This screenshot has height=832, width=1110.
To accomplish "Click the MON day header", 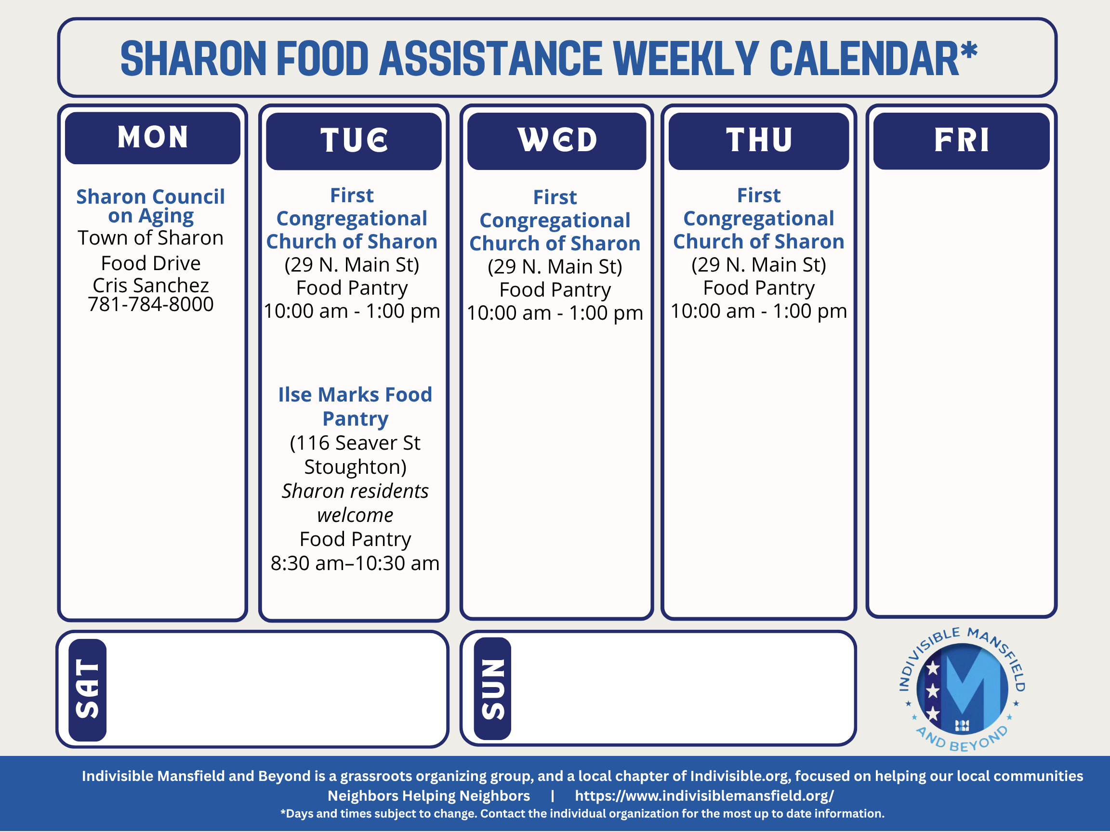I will tap(153, 137).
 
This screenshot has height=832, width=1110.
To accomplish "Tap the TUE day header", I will tap(354, 141).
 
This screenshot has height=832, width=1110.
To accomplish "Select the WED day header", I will tap(556, 141).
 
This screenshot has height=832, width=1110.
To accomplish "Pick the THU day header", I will tap(759, 141).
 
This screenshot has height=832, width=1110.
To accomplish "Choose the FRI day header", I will tap(962, 141).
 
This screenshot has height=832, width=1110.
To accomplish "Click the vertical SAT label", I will tap(87, 689).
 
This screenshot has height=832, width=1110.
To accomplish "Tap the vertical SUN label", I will tap(492, 689).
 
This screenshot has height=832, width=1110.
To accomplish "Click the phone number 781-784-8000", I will tap(150, 304).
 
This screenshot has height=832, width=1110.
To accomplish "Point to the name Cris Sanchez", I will tap(150, 286).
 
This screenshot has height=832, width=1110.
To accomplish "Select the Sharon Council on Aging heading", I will tap(150, 206).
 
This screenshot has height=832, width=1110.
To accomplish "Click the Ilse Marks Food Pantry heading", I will tap(355, 407).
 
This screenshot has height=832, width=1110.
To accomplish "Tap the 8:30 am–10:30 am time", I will tap(355, 563).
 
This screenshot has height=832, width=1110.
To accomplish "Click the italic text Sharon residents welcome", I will tap(355, 503).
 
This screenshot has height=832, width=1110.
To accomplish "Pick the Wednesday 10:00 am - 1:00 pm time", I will tap(555, 313).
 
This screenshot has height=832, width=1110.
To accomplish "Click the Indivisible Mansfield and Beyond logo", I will tap(962, 689).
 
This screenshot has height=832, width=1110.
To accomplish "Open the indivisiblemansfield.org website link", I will tap(704, 796).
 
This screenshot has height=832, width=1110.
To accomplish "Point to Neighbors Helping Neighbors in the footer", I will tap(429, 796).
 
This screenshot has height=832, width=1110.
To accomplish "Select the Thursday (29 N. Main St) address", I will tap(759, 265).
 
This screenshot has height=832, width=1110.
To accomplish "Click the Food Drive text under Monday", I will tap(150, 263).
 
